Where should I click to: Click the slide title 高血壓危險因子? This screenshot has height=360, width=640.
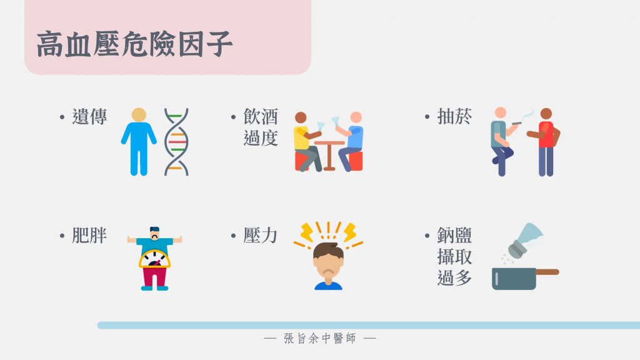(x=135, y=44)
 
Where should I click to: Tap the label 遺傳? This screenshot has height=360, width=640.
(x=89, y=117)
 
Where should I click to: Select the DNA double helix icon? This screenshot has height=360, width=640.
(x=176, y=142)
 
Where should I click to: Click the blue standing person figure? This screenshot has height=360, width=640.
(x=139, y=142)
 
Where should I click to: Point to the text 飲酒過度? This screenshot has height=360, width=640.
(x=261, y=127)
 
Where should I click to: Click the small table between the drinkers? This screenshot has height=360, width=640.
(x=329, y=155)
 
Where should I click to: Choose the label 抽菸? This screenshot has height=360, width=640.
(x=454, y=117)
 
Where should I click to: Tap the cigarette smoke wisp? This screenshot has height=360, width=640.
(x=527, y=114)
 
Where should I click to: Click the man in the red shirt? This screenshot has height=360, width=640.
(x=545, y=142)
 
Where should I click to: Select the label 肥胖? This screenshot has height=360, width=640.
(x=89, y=236)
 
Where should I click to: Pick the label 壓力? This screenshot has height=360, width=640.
(x=261, y=236)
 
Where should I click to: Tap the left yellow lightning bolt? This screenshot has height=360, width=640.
(x=306, y=232)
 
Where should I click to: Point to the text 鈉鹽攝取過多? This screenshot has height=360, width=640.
(x=454, y=256)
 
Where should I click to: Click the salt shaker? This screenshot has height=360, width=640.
(x=525, y=241)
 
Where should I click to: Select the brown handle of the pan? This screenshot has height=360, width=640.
(x=547, y=272)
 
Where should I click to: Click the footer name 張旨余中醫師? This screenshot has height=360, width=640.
(x=320, y=338)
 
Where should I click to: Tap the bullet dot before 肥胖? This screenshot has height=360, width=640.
(x=62, y=236)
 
